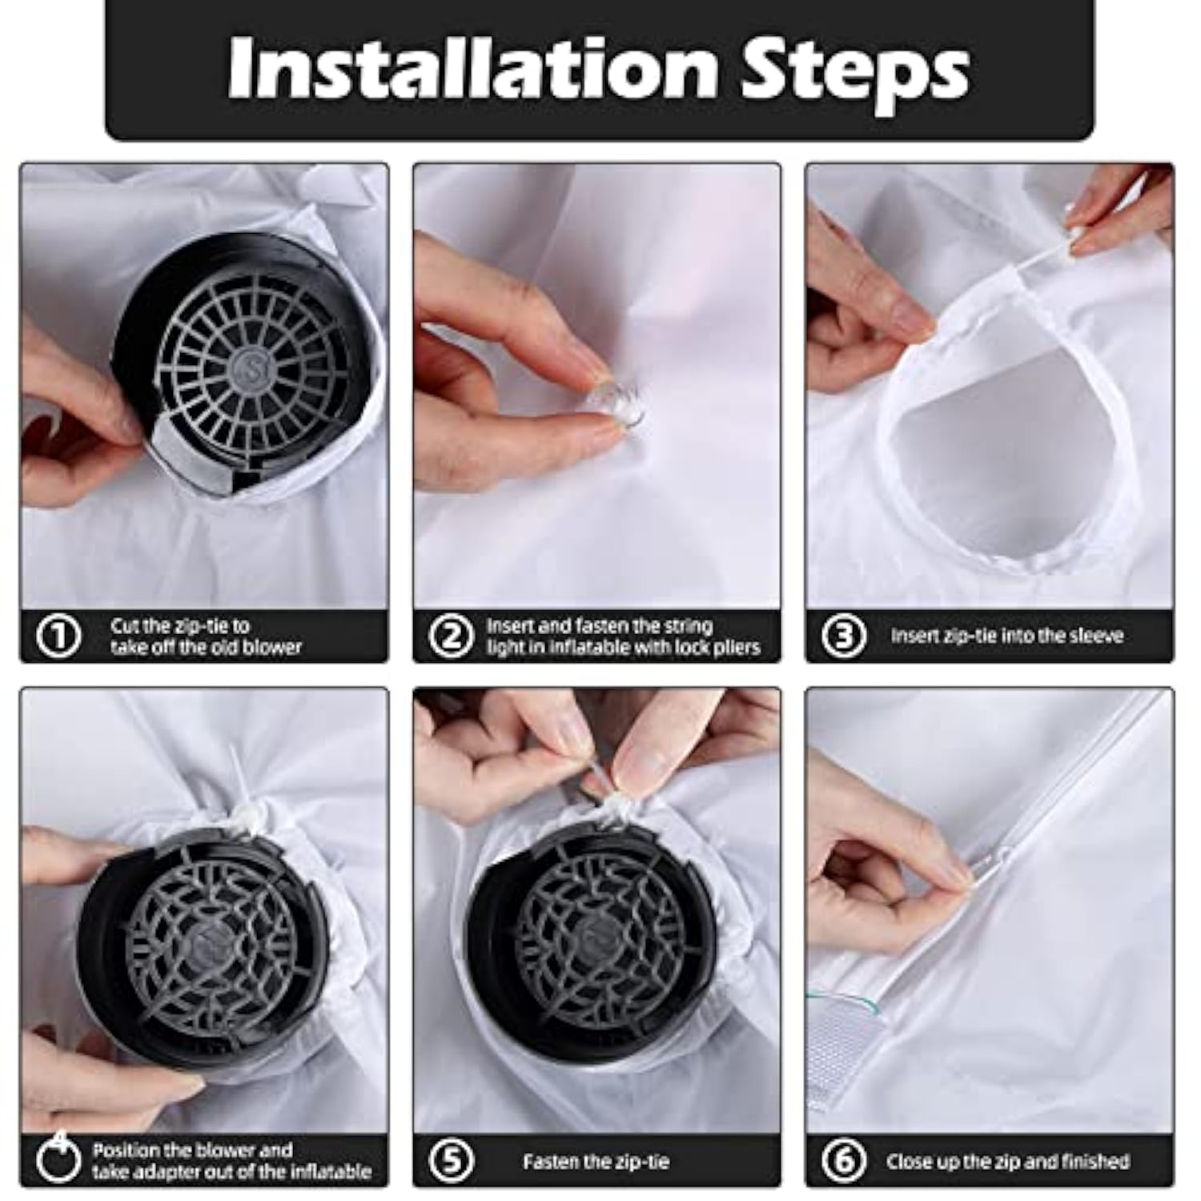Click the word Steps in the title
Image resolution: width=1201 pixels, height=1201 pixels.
coord(854,72)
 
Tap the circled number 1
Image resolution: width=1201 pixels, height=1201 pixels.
coord(58,637)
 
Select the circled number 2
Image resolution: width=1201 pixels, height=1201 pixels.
coord(452,637)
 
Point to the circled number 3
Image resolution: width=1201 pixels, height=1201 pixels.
coord(844,637)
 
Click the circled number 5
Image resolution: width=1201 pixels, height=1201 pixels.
coord(452,1160)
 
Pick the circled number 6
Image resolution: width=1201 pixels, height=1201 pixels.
coord(844,1160)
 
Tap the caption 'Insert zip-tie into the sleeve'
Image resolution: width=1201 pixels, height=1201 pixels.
coord(1006,636)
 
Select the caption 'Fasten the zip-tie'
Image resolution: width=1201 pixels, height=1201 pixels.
coord(596,1161)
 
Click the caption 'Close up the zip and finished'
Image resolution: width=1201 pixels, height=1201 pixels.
coord(1007,1161)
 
